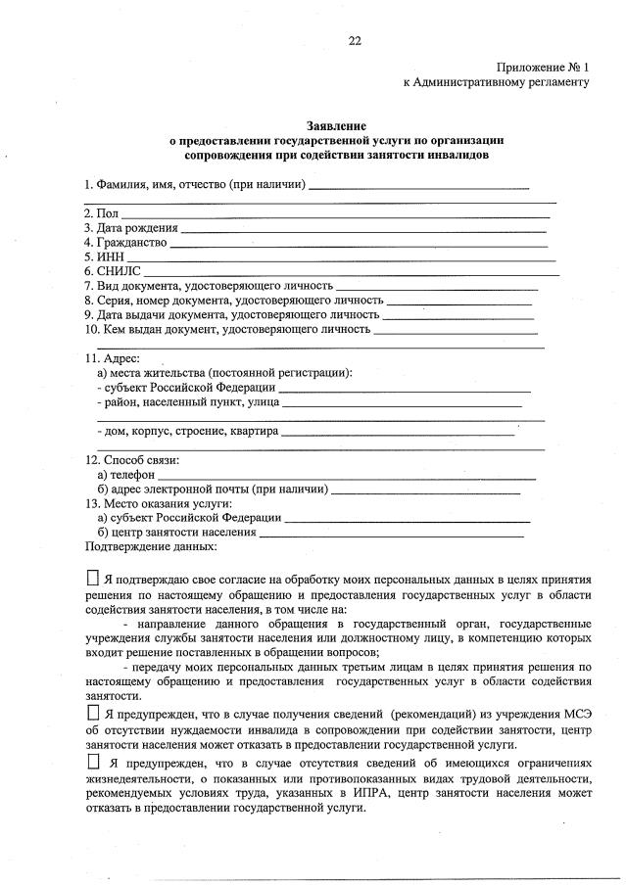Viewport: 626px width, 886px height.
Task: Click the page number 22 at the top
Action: tap(355, 39)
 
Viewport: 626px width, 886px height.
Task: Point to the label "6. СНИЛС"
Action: tap(113, 271)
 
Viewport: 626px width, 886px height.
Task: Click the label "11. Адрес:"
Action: tap(113, 358)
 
